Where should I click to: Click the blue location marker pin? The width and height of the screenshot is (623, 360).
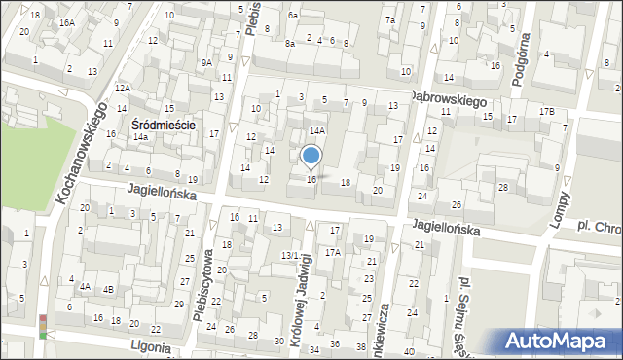[x=311, y=157]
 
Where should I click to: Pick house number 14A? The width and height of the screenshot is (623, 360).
[x=317, y=129]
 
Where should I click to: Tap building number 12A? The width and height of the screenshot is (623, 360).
[x=121, y=88]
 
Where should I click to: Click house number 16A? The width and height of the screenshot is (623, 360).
[x=66, y=21]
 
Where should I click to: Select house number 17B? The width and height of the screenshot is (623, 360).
[x=547, y=112]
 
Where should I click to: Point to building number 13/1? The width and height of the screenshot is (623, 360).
[x=289, y=255]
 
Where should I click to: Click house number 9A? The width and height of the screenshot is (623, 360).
[x=206, y=62]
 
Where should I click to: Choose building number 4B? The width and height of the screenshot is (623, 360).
[x=109, y=288]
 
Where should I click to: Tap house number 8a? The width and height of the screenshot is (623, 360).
[x=289, y=43]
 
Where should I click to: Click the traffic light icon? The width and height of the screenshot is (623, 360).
[x=43, y=327]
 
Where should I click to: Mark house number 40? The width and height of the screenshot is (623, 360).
[x=409, y=351]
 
